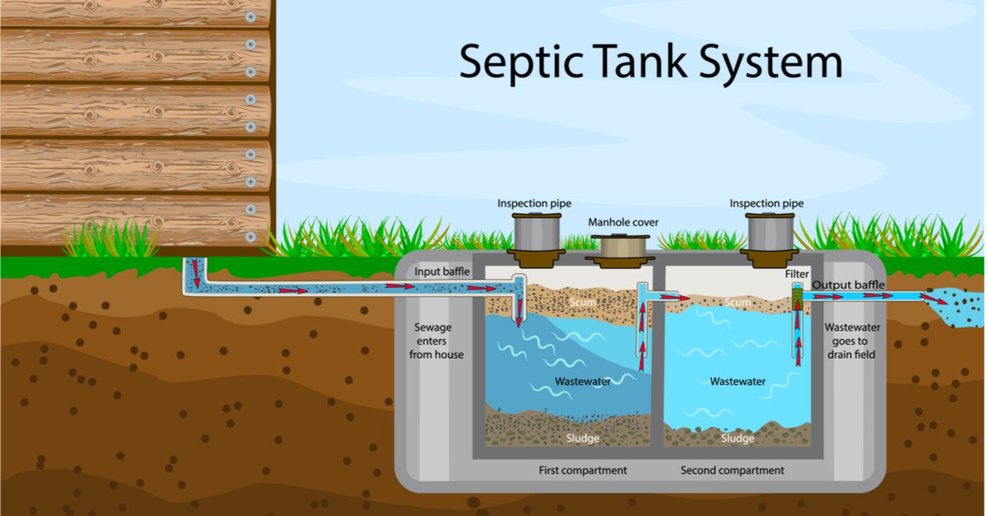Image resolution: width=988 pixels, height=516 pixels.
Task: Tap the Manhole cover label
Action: click(622, 222)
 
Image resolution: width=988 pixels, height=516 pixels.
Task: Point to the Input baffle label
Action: click(442, 272)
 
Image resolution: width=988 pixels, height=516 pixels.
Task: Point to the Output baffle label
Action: click(849, 286)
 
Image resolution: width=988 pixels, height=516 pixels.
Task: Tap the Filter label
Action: click(796, 273)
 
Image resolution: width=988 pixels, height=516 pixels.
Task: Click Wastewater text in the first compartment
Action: click(582, 382)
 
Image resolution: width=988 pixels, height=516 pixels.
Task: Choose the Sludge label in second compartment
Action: click(737, 439)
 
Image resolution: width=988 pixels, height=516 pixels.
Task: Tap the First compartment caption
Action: click(582, 470)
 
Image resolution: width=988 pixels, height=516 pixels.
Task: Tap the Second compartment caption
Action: click(732, 470)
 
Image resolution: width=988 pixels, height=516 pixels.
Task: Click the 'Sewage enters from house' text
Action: click(436, 341)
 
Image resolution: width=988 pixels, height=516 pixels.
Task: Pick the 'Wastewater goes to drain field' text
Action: click(853, 341)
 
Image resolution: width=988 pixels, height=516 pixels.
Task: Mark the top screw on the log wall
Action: click(250, 16)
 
